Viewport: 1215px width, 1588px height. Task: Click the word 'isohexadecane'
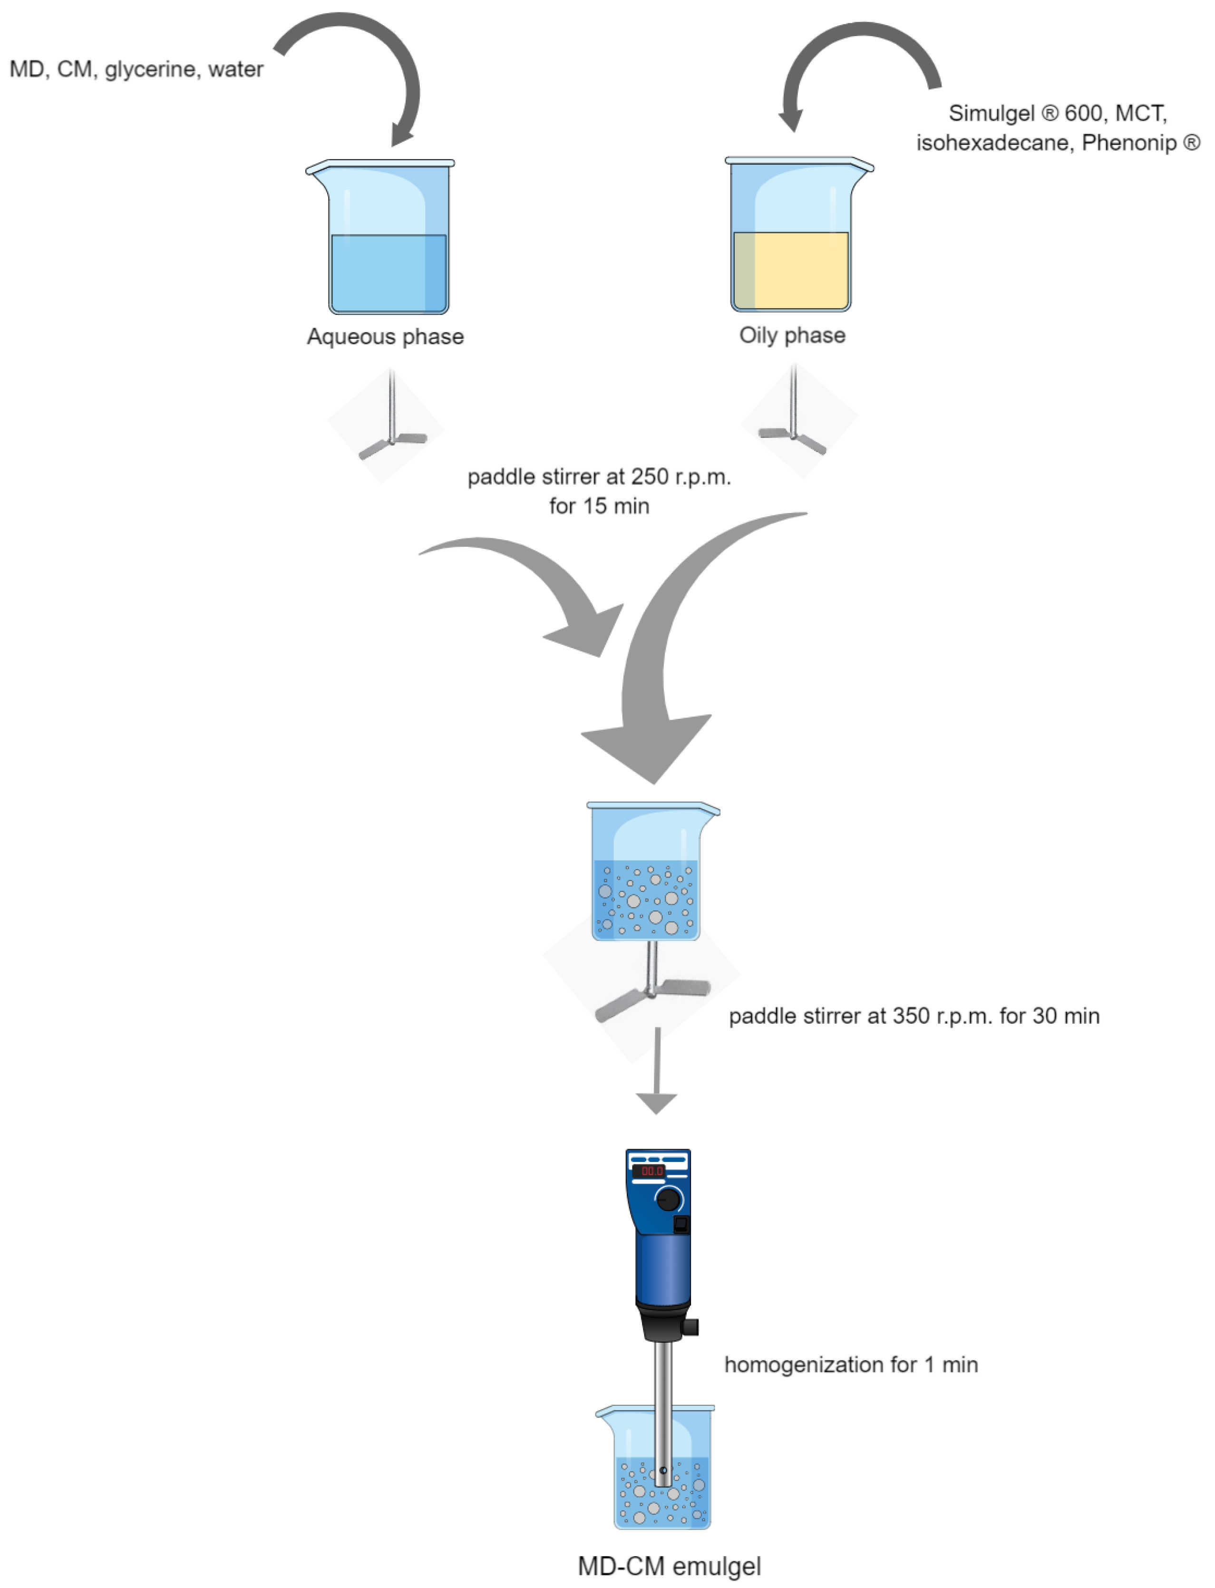click(995, 143)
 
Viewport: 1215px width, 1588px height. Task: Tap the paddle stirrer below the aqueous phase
click(391, 426)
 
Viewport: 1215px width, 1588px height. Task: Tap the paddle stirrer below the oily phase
click(793, 423)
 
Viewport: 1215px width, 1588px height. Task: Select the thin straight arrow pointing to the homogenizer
click(657, 1070)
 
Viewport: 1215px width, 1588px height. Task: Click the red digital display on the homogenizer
click(651, 1171)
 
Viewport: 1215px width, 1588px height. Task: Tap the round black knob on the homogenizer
click(668, 1199)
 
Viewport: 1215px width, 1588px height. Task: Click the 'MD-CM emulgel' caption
click(669, 1566)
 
